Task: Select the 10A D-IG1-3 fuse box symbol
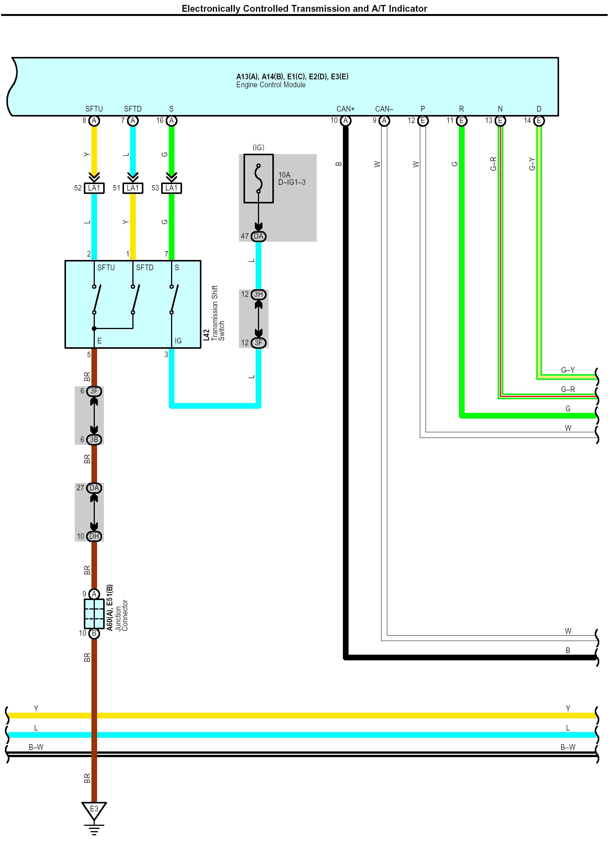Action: (258, 178)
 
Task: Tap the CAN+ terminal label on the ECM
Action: (345, 109)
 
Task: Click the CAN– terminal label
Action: (384, 109)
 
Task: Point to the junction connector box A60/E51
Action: (94, 614)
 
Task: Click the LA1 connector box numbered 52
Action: (94, 188)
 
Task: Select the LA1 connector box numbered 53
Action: (171, 188)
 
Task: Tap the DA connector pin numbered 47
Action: (258, 236)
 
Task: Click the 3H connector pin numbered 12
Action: (258, 294)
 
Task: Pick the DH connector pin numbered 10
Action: (94, 536)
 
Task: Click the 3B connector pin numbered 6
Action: (94, 439)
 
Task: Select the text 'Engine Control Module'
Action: (270, 85)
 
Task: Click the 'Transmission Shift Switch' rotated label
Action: (218, 313)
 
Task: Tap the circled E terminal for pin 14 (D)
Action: (539, 121)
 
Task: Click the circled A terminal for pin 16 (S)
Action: (171, 121)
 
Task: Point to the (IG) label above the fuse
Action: (258, 147)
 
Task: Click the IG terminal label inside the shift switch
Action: (178, 341)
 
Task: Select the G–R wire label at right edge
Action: (567, 389)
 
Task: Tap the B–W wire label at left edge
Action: (36, 747)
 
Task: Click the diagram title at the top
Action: (304, 8)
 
